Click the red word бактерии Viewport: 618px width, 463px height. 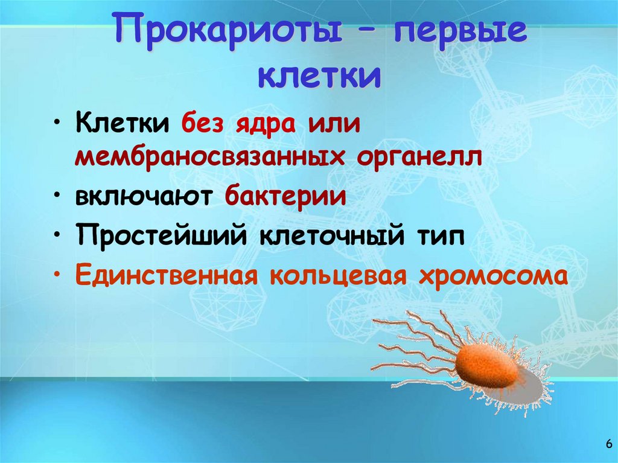pos(286,197)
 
